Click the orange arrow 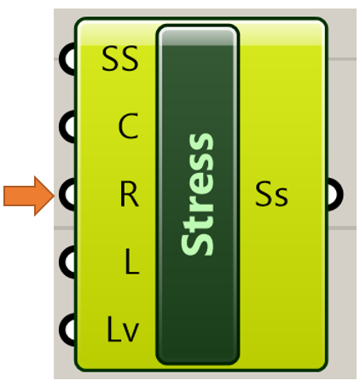[28, 196]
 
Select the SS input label [120, 59]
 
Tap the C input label [128, 126]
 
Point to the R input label [130, 194]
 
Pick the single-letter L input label [132, 262]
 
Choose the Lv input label [123, 330]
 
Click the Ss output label [271, 193]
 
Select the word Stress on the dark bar [197, 194]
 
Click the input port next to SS [67, 59]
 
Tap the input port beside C [67, 127]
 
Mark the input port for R [67, 194]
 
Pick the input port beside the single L [67, 262]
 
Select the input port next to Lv [67, 330]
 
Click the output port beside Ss [335, 194]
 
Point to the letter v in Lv [131, 332]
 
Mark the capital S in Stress [197, 245]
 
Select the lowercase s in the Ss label [282, 197]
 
